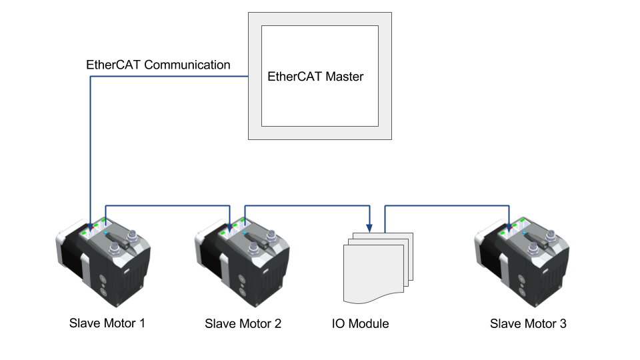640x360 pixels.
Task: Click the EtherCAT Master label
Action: click(x=315, y=77)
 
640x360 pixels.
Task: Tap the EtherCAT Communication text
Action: click(x=158, y=65)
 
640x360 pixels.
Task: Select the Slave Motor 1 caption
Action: click(x=107, y=323)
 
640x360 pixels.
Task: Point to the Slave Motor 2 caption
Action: click(x=243, y=324)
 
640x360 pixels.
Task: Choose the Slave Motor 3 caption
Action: click(x=528, y=324)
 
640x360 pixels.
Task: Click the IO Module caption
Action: click(x=360, y=324)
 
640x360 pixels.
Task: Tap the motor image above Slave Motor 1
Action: click(x=103, y=263)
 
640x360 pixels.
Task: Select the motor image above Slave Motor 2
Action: click(x=244, y=263)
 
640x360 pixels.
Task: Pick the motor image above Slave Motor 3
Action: click(x=523, y=263)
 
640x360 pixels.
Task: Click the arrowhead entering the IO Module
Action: click(x=369, y=227)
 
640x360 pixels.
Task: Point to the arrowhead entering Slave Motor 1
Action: click(x=90, y=225)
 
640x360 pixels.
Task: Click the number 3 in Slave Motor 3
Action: click(x=563, y=324)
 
